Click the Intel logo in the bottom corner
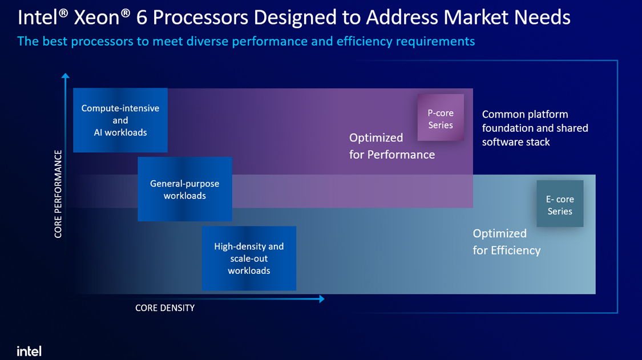coord(29,351)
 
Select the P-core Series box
coord(441,118)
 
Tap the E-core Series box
coord(560,204)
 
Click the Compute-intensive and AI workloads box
coord(120,120)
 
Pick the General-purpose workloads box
coord(185,189)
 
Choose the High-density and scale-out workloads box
coord(249,258)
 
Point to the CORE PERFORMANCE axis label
coord(58,194)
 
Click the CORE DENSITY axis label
coord(165,308)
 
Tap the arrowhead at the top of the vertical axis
coord(65,76)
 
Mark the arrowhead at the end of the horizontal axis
coord(322,299)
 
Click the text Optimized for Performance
coord(392,146)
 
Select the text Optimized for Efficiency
coord(507,242)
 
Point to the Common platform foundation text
coord(535,128)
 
